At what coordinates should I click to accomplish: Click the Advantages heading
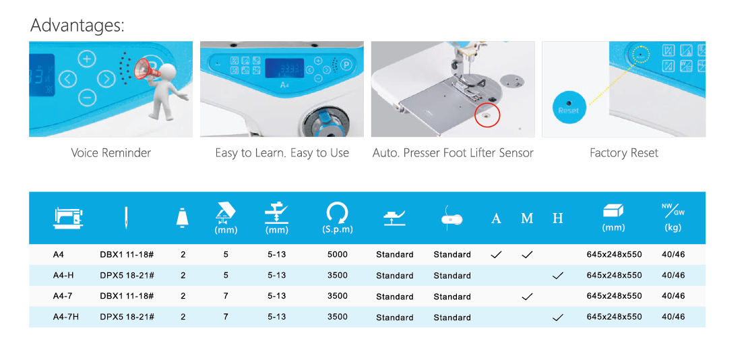click(77, 26)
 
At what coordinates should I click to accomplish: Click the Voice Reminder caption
click(111, 153)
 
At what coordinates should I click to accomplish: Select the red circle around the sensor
click(487, 115)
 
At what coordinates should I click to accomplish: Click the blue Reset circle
click(568, 107)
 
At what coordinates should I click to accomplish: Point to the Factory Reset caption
click(623, 153)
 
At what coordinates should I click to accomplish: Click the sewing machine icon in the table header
click(68, 218)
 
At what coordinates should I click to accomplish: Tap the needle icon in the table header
click(127, 218)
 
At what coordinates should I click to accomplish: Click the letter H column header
click(558, 218)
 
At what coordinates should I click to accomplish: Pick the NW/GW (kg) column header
click(673, 218)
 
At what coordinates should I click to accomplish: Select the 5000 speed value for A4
click(337, 254)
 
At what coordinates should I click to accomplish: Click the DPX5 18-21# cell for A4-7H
click(127, 317)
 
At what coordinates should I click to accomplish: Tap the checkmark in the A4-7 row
click(527, 297)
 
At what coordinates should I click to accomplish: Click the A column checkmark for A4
click(496, 255)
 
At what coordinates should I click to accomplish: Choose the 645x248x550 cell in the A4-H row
click(614, 276)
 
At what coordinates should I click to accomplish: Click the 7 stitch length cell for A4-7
click(226, 296)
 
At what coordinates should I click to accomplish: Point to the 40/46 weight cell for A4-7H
click(673, 317)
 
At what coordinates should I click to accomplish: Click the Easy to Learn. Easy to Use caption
click(282, 153)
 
